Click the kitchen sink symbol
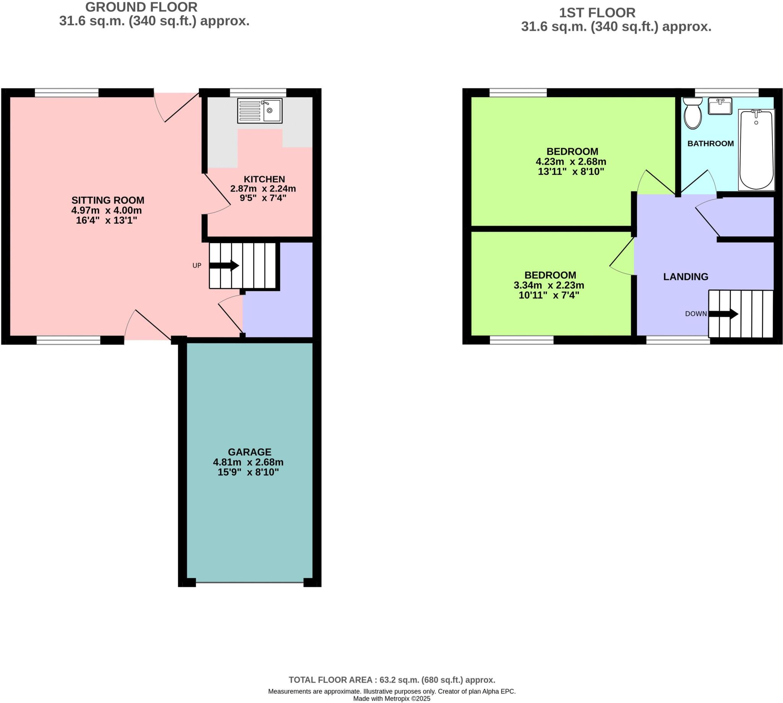click(x=260, y=110)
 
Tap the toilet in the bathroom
click(x=692, y=113)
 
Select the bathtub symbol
click(x=756, y=150)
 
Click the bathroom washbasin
click(x=720, y=106)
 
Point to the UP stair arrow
click(x=224, y=265)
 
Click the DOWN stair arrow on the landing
click(x=723, y=313)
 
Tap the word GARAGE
click(x=249, y=451)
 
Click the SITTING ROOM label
click(x=108, y=200)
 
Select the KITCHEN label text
click(x=264, y=179)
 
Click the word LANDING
click(x=685, y=276)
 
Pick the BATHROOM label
click(x=710, y=144)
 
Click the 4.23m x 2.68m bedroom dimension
click(x=570, y=161)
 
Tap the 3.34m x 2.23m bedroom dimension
click(x=548, y=285)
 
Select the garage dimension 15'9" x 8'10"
click(x=248, y=472)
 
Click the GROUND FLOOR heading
click(x=141, y=7)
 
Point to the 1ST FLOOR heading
click(x=597, y=13)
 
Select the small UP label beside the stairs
click(x=197, y=265)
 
